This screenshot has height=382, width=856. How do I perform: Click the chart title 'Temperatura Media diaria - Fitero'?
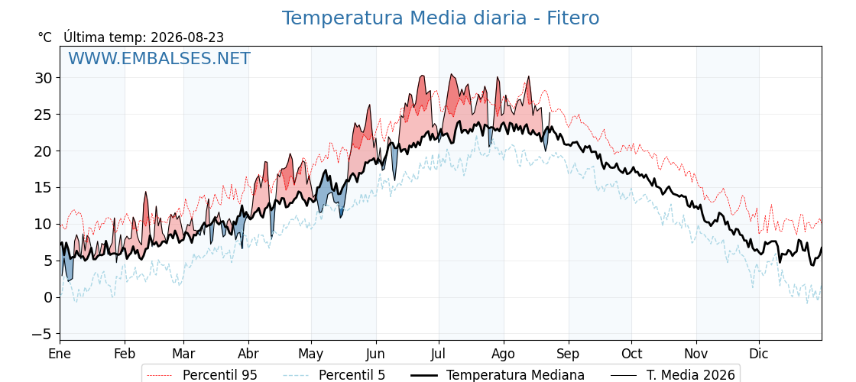(x=440, y=18)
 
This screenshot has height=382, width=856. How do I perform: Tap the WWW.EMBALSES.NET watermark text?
(x=160, y=58)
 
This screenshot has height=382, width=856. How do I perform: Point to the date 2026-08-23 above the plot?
(x=187, y=37)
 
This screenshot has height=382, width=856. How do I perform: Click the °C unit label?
(x=45, y=37)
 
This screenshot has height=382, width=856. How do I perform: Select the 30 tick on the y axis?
(x=45, y=78)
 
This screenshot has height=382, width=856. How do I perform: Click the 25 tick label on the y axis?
(x=45, y=115)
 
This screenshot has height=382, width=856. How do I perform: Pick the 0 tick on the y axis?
(x=49, y=297)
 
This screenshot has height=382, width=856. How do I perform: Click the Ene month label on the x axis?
(x=60, y=354)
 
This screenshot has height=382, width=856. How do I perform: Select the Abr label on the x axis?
(x=248, y=354)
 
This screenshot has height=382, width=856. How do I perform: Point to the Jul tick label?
(x=439, y=354)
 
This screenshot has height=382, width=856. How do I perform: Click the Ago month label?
(x=504, y=354)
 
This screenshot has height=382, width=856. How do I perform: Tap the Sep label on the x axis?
(x=569, y=354)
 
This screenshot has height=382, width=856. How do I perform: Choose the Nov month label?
(x=696, y=354)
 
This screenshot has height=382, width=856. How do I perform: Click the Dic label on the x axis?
(x=759, y=354)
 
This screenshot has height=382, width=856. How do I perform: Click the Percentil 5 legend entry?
(x=335, y=375)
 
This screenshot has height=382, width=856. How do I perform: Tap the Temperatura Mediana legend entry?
(x=498, y=375)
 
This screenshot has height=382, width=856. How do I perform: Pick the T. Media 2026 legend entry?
(x=673, y=375)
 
